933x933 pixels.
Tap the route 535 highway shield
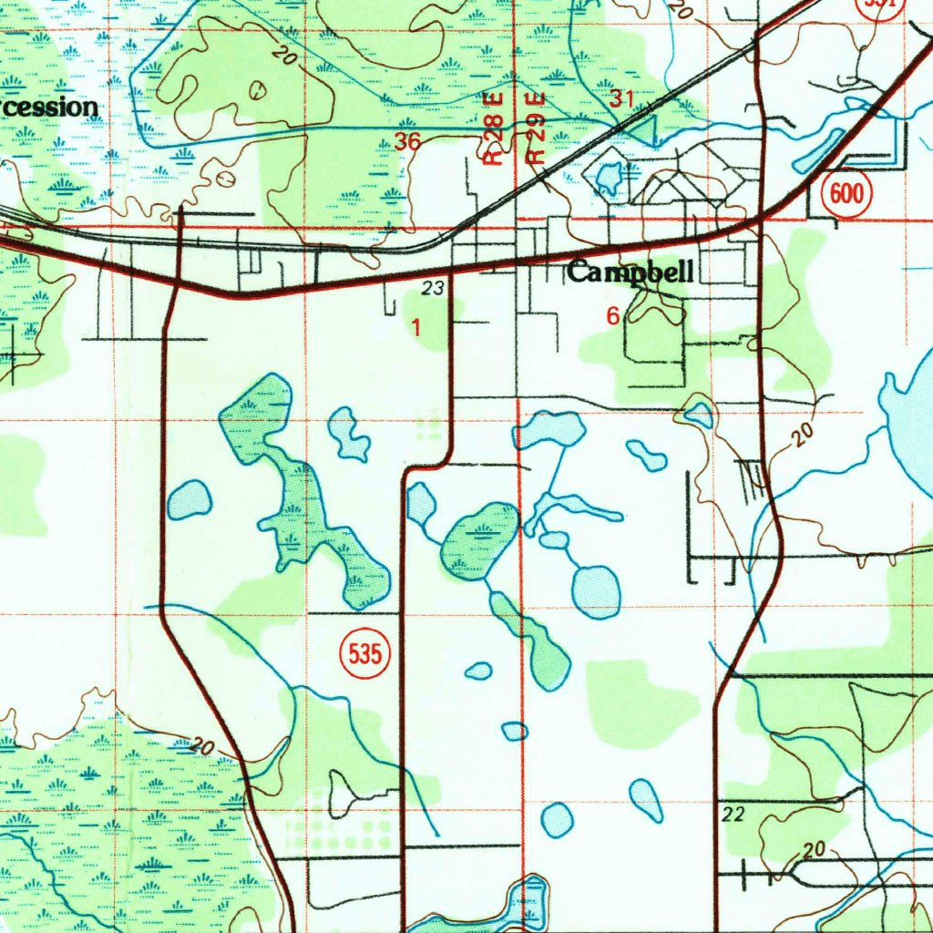point(366,653)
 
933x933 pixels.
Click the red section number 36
point(407,141)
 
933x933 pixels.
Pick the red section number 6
point(613,316)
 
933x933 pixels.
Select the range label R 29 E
point(537,128)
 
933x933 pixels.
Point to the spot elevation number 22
point(732,813)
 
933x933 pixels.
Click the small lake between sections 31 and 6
point(609,175)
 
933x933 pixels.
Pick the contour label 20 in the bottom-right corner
point(814,850)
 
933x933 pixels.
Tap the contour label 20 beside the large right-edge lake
point(801,436)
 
